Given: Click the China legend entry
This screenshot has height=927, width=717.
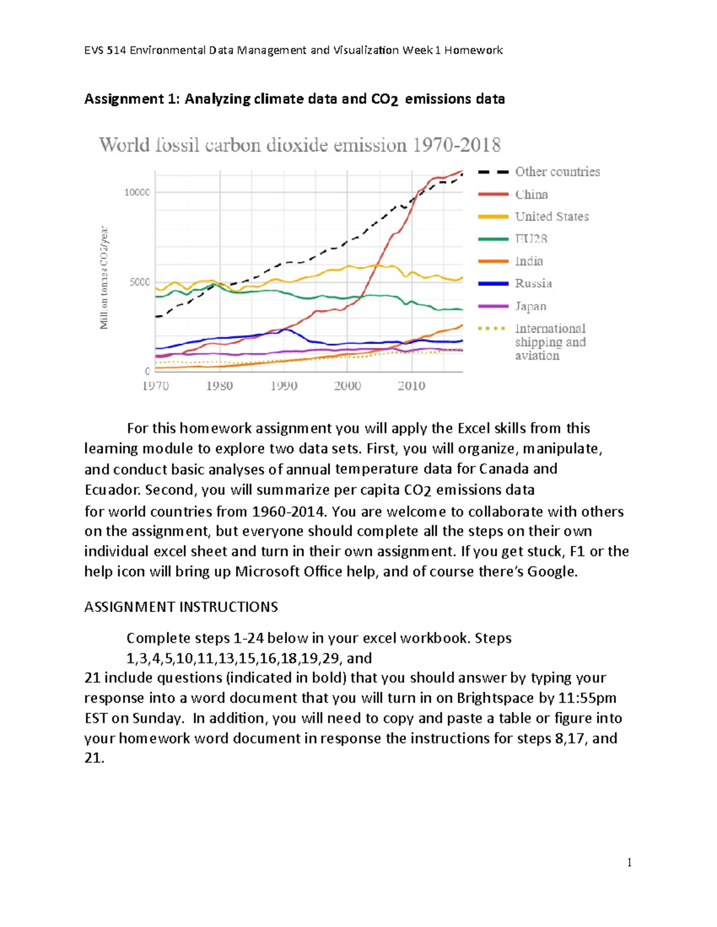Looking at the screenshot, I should click(x=531, y=194).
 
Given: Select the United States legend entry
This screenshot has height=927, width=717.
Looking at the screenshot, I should click(x=551, y=217).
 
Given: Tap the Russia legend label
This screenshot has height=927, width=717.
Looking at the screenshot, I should click(x=533, y=284).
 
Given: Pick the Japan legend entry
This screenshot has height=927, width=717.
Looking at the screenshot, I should click(x=531, y=306).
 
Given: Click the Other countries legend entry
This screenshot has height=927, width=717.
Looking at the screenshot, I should click(x=557, y=172).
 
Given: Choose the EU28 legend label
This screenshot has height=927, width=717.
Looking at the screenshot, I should click(x=531, y=239).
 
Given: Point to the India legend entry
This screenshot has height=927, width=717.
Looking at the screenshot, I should click(x=529, y=261).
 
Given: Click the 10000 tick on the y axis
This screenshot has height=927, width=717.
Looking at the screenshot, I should click(x=137, y=192).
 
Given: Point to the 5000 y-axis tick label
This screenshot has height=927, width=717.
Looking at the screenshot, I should click(x=139, y=282).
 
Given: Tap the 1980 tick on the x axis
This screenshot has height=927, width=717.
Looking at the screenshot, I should click(x=219, y=386).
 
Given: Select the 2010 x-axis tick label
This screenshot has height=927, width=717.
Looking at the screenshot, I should click(x=411, y=386).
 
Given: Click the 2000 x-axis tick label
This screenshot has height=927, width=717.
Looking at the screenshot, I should click(x=347, y=386).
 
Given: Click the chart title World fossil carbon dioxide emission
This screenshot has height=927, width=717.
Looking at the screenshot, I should click(x=300, y=145).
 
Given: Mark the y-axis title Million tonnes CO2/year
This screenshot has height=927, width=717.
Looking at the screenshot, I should click(x=104, y=278).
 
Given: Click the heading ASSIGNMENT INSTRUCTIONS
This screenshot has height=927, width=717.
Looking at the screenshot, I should click(x=181, y=607).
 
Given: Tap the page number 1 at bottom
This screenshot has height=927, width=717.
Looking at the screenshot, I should click(x=629, y=862).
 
